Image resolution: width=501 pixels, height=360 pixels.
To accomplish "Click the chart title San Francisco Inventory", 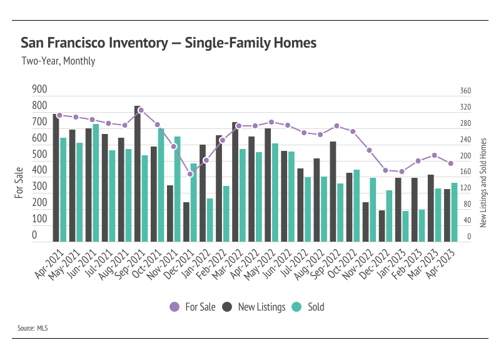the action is (94, 43).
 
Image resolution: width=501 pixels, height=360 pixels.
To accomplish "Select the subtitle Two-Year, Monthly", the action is (58, 61).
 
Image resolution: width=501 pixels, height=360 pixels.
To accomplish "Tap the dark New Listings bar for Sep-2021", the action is (138, 173).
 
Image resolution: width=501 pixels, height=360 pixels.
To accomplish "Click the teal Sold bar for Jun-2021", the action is (96, 183).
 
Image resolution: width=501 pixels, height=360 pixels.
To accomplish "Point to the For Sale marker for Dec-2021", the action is (190, 174).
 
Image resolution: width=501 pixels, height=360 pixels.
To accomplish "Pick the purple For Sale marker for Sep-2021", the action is (141, 110).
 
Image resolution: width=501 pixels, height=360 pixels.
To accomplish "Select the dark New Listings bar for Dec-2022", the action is (382, 226).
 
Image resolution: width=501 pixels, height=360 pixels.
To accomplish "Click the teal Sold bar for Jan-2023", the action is (405, 227).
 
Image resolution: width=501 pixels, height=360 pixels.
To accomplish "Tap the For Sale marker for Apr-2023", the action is (451, 163).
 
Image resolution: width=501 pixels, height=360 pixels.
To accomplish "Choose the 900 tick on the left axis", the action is (39, 89).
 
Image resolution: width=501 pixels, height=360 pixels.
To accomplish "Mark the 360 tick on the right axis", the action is (465, 91).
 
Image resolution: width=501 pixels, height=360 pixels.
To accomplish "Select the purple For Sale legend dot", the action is (175, 307).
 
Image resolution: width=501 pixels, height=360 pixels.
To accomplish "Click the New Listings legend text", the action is (261, 307).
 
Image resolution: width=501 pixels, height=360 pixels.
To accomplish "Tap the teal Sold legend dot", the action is (296, 307).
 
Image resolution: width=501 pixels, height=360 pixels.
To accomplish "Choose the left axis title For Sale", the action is (19, 183).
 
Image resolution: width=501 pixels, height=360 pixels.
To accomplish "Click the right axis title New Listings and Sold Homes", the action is (483, 183).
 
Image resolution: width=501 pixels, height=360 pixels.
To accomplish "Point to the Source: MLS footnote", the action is (33, 328).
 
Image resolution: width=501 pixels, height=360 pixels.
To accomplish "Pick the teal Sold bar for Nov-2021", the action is (178, 189).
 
